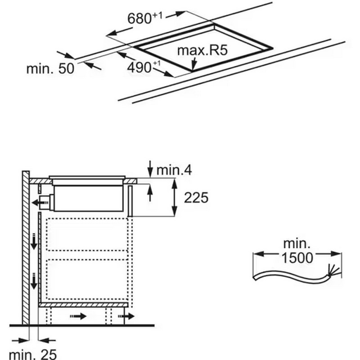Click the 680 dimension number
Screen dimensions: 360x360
[x=139, y=18]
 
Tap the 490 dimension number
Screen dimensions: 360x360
[x=139, y=67]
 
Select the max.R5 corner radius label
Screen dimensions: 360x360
[x=202, y=50]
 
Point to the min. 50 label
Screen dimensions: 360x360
[x=50, y=68]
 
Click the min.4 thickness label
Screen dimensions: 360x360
[x=174, y=170]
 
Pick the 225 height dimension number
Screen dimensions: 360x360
[x=196, y=198]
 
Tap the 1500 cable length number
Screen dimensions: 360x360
[x=297, y=257]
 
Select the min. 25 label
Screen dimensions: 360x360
[x=33, y=354]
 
